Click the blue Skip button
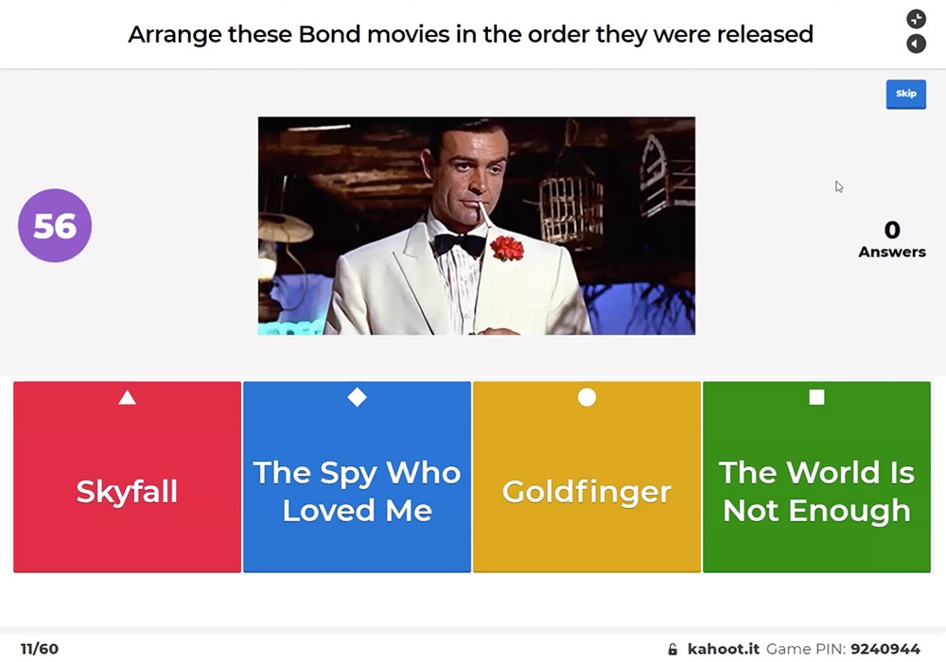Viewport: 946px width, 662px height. pyautogui.click(x=905, y=94)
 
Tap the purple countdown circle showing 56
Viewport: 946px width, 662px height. pyautogui.click(x=55, y=225)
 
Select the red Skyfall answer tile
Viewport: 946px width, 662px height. pyautogui.click(x=128, y=477)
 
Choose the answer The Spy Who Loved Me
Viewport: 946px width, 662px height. pyautogui.click(x=358, y=477)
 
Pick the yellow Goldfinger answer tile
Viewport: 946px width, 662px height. pyautogui.click(x=587, y=477)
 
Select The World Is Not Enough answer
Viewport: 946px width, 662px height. pyautogui.click(x=817, y=477)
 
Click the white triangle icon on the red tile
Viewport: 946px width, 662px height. pyautogui.click(x=128, y=398)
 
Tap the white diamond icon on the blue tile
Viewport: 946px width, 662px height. pyautogui.click(x=358, y=397)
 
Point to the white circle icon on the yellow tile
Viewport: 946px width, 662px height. pyautogui.click(x=587, y=397)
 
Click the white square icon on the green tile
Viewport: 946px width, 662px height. pyautogui.click(x=817, y=396)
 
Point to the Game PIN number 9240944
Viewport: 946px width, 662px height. pyautogui.click(x=885, y=649)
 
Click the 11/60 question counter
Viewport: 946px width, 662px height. pyautogui.click(x=40, y=649)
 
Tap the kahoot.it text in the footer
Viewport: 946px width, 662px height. pyautogui.click(x=724, y=649)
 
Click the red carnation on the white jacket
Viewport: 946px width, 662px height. pyautogui.click(x=507, y=248)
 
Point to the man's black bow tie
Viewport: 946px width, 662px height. pyautogui.click(x=460, y=244)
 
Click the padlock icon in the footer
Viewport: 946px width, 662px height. pyautogui.click(x=673, y=649)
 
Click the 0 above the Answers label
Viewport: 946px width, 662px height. pyautogui.click(x=892, y=230)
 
